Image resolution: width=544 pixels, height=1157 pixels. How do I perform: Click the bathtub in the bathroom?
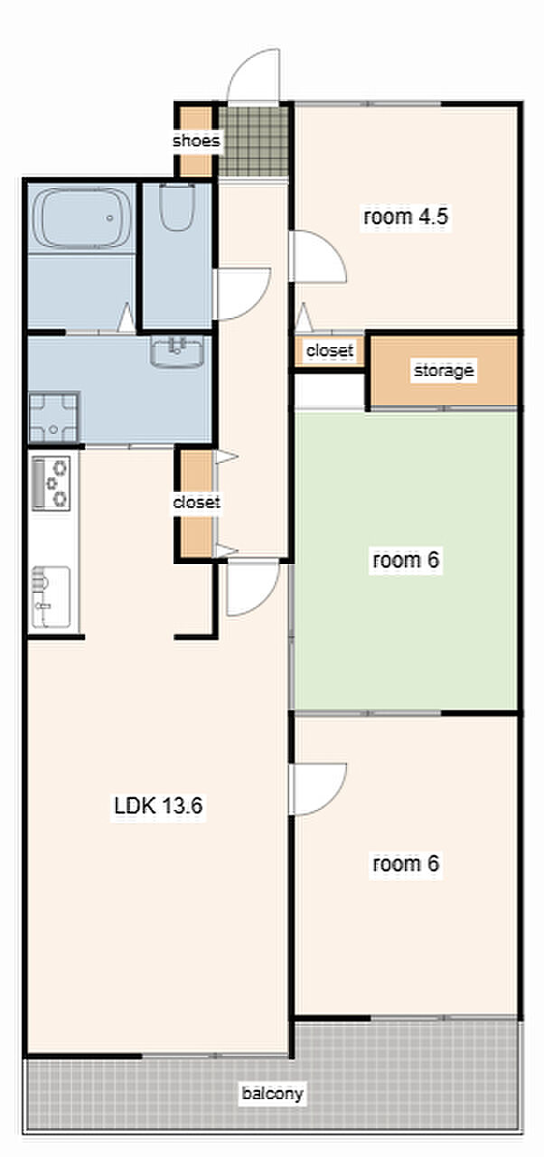(80, 218)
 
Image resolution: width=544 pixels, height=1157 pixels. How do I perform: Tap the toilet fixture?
(177, 207)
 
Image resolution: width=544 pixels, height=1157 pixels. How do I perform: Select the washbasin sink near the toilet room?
(177, 352)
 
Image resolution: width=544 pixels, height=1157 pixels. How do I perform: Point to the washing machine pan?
(54, 418)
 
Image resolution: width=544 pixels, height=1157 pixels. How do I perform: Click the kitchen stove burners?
(52, 484)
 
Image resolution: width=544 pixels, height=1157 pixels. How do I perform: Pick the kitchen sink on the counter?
(52, 597)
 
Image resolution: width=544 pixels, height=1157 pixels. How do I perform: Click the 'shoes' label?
(196, 140)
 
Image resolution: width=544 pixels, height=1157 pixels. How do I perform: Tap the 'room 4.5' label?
(406, 216)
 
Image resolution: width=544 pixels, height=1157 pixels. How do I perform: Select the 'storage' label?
(444, 371)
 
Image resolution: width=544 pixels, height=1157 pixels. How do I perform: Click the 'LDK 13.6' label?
(158, 805)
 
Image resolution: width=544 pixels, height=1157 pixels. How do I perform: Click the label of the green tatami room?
(406, 560)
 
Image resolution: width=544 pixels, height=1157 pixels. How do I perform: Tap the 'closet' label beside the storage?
(330, 350)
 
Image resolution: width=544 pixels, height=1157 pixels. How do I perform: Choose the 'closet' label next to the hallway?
(197, 502)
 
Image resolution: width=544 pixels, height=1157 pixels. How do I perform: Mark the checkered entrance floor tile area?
(253, 140)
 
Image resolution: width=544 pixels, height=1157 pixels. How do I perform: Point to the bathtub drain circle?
(109, 218)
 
